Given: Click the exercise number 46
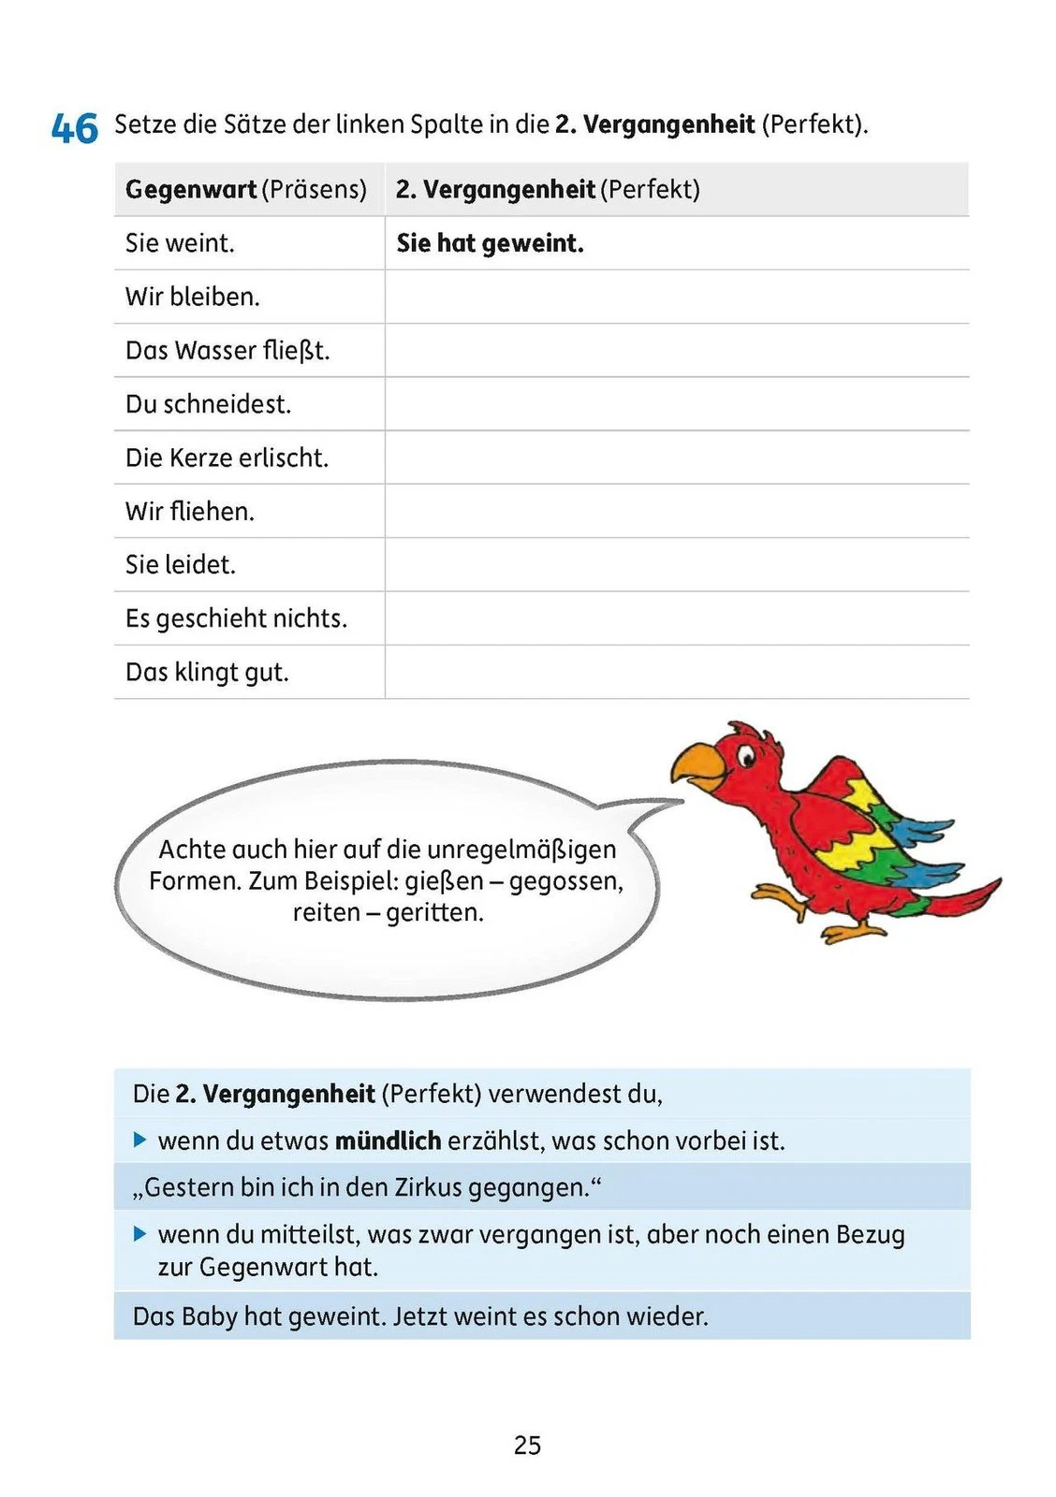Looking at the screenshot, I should (75, 127).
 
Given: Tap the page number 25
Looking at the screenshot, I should (527, 1446).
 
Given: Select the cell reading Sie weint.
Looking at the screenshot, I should (180, 243).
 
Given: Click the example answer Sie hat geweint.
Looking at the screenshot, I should (490, 243).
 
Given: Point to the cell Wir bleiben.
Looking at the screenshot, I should (192, 297).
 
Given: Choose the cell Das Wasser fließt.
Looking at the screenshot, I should (227, 351).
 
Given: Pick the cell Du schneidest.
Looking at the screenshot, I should (208, 404).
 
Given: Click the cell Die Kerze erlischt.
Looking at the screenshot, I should (227, 458).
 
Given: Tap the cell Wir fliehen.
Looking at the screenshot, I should (189, 511).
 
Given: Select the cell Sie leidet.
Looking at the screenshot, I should (180, 564).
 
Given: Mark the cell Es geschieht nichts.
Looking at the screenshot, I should (236, 618).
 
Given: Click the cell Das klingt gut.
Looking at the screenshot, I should (207, 672).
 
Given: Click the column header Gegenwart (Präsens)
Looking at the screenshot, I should (245, 190).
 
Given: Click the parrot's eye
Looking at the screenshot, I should (745, 756).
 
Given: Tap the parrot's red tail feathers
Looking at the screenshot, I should (964, 896).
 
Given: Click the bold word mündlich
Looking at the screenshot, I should (388, 1141).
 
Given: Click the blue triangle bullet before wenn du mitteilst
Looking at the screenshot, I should (140, 1234).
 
